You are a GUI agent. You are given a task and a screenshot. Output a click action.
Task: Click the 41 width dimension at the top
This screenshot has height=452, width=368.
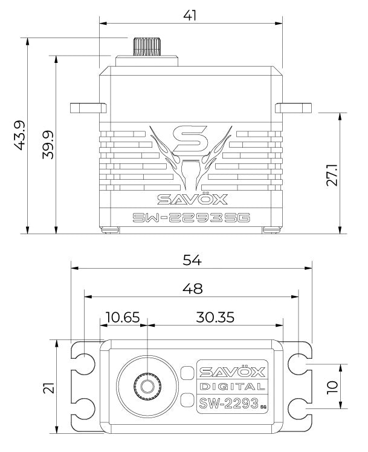(x=190, y=15)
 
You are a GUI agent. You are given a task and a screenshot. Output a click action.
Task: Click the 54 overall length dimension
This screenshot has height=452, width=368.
(x=192, y=258)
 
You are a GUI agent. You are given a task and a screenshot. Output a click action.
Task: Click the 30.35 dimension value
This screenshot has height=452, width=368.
(x=215, y=316)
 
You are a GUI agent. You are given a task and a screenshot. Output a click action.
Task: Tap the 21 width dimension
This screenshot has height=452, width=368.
(x=48, y=387)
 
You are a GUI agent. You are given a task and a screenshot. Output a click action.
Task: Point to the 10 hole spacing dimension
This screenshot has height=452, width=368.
(x=332, y=387)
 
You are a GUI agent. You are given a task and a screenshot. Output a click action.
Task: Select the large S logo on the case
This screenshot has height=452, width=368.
(x=190, y=140)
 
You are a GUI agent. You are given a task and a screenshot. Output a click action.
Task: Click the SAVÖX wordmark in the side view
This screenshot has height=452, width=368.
(x=190, y=199)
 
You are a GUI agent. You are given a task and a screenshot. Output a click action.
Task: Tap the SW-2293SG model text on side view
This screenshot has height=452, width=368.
(x=190, y=218)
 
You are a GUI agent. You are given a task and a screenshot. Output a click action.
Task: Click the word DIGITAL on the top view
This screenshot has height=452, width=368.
(x=231, y=387)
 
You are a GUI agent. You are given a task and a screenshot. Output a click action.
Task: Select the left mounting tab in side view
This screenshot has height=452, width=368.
(x=86, y=108)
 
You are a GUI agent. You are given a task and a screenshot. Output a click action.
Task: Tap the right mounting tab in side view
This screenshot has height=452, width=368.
(x=294, y=108)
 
